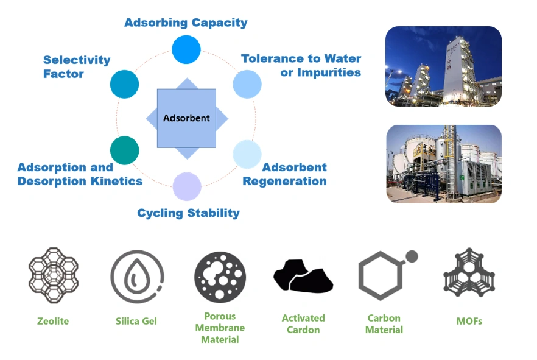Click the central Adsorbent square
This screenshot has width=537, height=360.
click(186, 118)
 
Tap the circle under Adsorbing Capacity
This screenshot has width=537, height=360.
click(186, 49)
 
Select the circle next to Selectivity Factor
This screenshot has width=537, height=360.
click(125, 84)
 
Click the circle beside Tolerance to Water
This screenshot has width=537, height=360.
click(247, 84)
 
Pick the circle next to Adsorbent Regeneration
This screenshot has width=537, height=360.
click(247, 154)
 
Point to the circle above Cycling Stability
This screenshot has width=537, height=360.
click(187, 186)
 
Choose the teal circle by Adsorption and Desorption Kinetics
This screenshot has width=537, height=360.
click(125, 150)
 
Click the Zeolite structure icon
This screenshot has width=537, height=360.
click(54, 275)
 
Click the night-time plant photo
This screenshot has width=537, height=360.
click(444, 66)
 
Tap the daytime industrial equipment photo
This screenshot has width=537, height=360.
click(444, 164)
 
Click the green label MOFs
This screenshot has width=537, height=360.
click(469, 321)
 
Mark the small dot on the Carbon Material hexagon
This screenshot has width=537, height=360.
click(412, 256)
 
